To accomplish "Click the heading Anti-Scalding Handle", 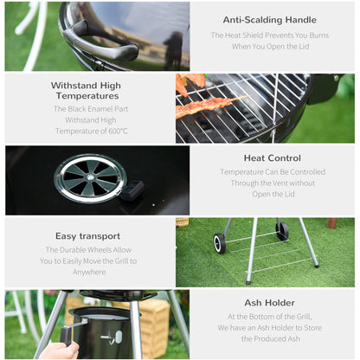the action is point(270,20).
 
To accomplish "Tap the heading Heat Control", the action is point(273,158).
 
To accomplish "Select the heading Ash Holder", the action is point(270,303).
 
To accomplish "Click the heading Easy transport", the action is point(88,236).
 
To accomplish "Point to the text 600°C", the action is point(118,131).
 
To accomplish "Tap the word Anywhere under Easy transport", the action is point(89,272).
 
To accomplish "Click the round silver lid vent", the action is point(90,178).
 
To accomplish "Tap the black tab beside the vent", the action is point(132,190).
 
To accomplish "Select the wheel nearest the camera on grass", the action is point(220,243).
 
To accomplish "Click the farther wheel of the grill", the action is point(282,230).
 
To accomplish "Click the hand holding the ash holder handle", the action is point(60,350).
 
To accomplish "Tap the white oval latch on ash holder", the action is point(119,337).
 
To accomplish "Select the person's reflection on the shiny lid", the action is point(174,49).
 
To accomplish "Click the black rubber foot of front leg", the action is point(248,282).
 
